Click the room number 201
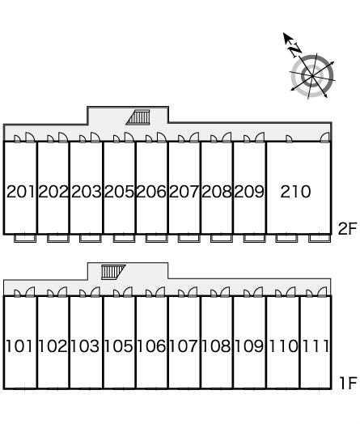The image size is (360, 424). (20, 192)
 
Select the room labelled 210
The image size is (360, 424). (295, 192)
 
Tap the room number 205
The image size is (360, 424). (119, 192)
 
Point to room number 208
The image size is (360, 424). (217, 192)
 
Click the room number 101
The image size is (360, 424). (19, 346)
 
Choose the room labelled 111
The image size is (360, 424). (316, 346)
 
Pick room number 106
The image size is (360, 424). (151, 346)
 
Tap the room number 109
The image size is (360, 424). (249, 346)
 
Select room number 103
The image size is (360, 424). (85, 346)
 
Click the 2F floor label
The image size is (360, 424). (348, 229)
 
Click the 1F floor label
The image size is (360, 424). (348, 383)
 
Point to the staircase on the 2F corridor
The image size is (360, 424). (138, 117)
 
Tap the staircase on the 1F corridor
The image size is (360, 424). (113, 272)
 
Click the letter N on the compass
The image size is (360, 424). (295, 49)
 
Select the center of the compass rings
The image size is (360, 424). (312, 76)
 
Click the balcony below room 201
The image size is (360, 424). (25, 238)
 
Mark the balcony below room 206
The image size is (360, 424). (156, 238)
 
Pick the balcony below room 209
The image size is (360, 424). (254, 238)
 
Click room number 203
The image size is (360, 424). (87, 192)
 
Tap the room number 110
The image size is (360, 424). (283, 346)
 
